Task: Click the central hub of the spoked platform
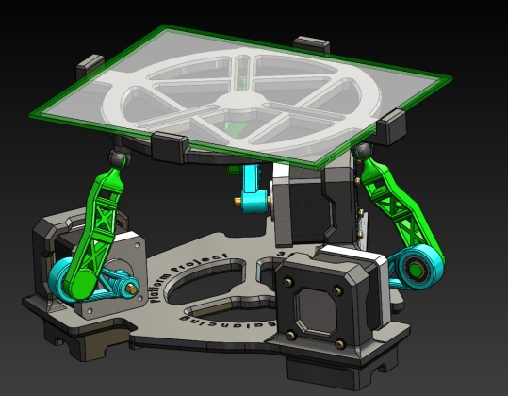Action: [x=236, y=96]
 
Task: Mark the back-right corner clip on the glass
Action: [x=311, y=43]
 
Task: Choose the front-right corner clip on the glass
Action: [x=391, y=124]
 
